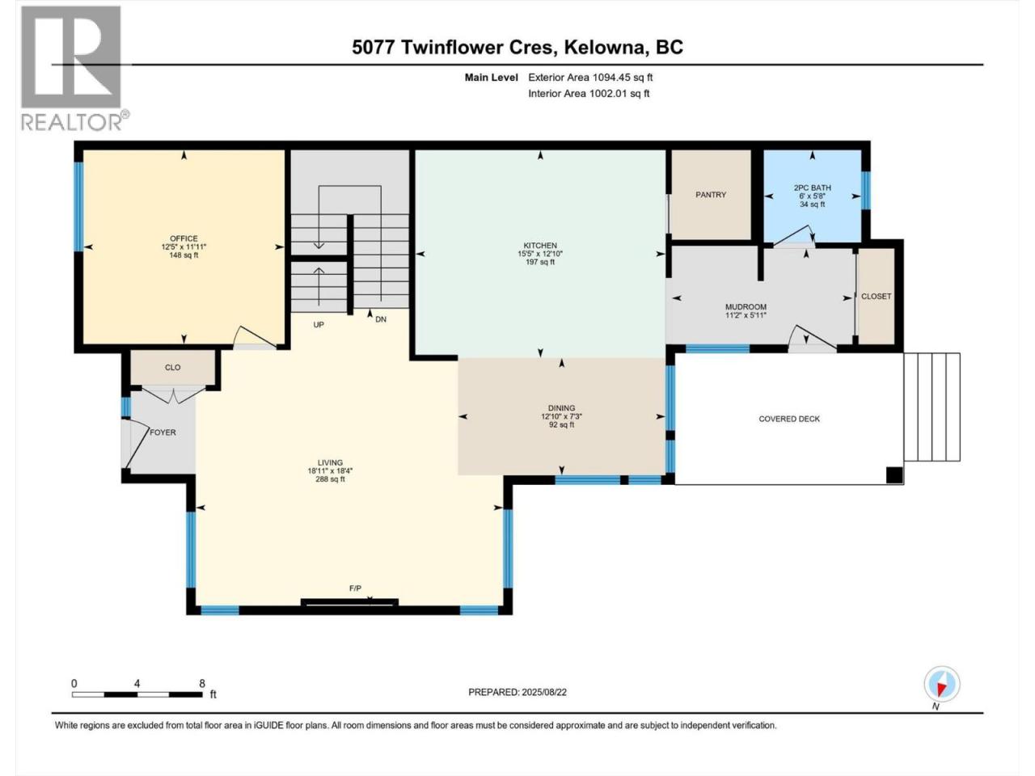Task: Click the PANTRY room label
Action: tap(711, 195)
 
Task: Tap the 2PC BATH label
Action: tap(812, 188)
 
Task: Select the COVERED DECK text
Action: tap(789, 419)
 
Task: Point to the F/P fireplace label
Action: tap(355, 588)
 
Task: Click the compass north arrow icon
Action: tap(942, 684)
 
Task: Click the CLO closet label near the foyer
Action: tap(172, 368)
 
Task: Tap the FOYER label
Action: tap(163, 432)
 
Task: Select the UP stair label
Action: tap(319, 325)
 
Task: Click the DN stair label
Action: tap(381, 319)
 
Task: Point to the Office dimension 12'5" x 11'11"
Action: tap(184, 247)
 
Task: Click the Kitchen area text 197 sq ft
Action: tap(540, 261)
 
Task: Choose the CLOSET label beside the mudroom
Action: tap(876, 296)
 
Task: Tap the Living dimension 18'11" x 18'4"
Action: tap(330, 470)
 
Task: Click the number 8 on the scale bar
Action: tap(202, 683)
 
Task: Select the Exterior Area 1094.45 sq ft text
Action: tap(590, 78)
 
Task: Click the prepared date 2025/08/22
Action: tap(543, 692)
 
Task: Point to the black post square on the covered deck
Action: tap(894, 475)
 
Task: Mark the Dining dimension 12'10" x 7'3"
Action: tap(562, 416)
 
